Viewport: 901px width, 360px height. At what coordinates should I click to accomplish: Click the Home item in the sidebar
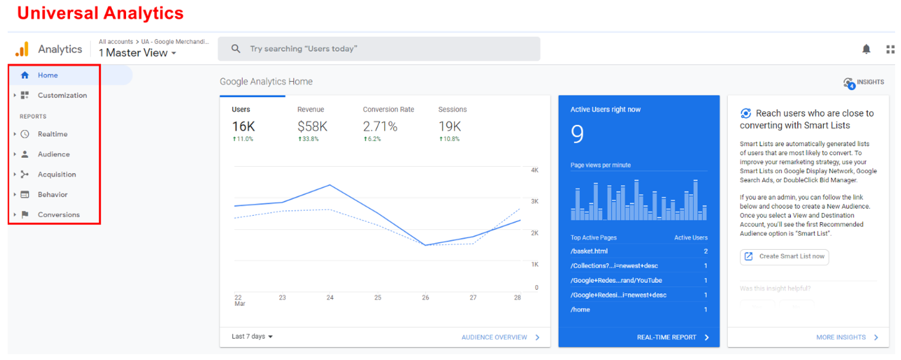(x=47, y=75)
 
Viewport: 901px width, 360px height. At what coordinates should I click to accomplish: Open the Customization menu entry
(x=62, y=95)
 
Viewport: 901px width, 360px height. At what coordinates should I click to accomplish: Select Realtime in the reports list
(x=52, y=134)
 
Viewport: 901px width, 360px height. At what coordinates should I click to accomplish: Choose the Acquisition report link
(x=57, y=174)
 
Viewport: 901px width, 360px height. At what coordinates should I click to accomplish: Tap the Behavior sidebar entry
(x=52, y=194)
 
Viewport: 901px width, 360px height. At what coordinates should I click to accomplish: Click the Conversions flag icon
(x=25, y=214)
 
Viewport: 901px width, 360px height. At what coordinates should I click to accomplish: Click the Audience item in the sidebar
(x=54, y=154)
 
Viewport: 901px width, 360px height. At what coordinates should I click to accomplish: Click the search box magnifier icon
(x=236, y=49)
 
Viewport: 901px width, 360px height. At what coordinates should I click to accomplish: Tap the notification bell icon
(x=866, y=49)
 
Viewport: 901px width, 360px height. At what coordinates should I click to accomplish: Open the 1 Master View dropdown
(x=137, y=53)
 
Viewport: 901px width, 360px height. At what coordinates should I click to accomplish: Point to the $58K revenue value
(x=312, y=126)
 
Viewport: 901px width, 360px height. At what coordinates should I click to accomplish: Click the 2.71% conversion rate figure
(x=380, y=126)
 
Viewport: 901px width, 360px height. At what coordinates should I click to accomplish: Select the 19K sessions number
(x=450, y=126)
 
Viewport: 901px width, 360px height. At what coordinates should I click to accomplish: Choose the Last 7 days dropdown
(x=252, y=336)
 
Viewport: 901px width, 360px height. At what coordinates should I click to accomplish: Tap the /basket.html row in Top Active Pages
(x=589, y=251)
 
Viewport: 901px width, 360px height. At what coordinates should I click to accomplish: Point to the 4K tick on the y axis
(x=534, y=170)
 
